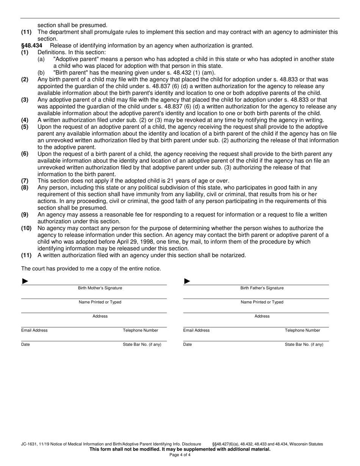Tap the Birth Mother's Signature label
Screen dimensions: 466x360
coord(100,288)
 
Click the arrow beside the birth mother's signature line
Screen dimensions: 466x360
coord(25,281)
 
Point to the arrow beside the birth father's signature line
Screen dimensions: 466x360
coord(187,281)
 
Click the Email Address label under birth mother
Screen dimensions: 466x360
coord(34,330)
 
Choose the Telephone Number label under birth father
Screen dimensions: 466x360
coord(302,330)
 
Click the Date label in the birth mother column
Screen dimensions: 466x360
coord(25,344)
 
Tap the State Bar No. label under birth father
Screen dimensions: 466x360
coord(304,344)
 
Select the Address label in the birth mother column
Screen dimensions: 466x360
coord(100,316)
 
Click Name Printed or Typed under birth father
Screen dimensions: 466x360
coord(262,302)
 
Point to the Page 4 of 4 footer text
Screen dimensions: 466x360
coord(180,455)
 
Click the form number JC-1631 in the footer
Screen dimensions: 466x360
coord(30,444)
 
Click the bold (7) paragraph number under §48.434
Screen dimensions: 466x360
coord(25,181)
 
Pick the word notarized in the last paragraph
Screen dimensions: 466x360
coord(231,255)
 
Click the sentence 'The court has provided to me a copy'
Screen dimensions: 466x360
coord(91,269)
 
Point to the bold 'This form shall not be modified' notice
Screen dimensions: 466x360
coord(180,449)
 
